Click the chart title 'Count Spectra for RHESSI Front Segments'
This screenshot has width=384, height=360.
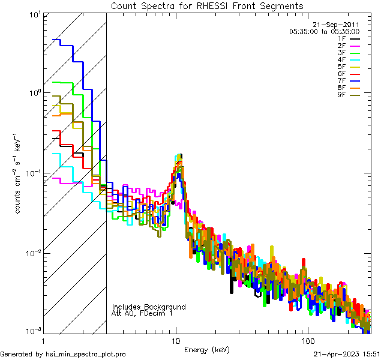pos(207,6)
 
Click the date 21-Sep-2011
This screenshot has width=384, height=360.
pos(341,25)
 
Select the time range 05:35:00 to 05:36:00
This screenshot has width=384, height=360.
pos(324,31)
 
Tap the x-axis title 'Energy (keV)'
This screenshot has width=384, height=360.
pos(206,350)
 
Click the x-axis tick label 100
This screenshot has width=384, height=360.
pos(307,340)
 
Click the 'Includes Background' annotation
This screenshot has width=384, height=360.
pos(149,307)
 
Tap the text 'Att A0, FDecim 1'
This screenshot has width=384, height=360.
pos(142,313)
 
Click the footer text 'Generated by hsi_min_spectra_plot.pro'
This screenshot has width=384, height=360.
pos(63,354)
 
